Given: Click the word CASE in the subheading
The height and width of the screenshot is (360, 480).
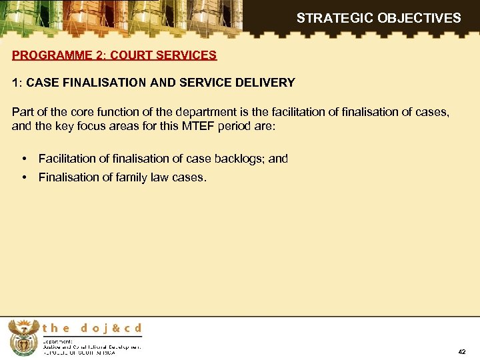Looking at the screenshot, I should [41, 83].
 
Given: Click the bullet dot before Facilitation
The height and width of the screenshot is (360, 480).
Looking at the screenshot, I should [24, 159].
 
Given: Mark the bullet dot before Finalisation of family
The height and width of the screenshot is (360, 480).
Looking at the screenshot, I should [24, 177].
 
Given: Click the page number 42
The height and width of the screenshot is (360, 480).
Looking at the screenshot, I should [462, 351].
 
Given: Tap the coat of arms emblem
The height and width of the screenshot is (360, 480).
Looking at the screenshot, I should [23, 337].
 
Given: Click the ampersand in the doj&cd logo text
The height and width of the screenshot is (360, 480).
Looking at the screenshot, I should [113, 328].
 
